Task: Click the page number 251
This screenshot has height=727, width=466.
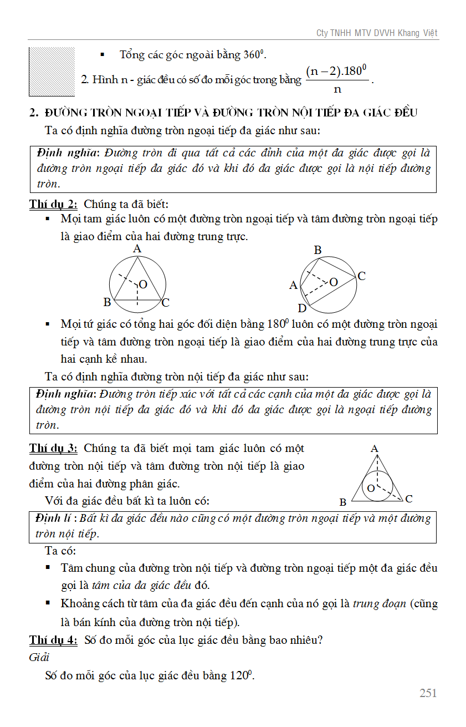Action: (428, 693)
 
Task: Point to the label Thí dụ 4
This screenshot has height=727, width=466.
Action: (53, 640)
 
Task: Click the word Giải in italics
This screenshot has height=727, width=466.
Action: (39, 657)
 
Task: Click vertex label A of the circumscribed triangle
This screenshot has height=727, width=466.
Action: (137, 250)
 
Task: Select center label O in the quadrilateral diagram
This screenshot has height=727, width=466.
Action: (334, 282)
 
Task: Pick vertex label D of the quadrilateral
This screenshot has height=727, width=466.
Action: (302, 308)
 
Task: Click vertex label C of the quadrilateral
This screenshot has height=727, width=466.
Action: (361, 276)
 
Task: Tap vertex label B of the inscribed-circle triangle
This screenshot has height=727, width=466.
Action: (343, 502)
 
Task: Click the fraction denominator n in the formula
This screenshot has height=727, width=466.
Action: (337, 89)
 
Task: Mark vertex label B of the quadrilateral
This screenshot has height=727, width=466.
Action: (318, 250)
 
